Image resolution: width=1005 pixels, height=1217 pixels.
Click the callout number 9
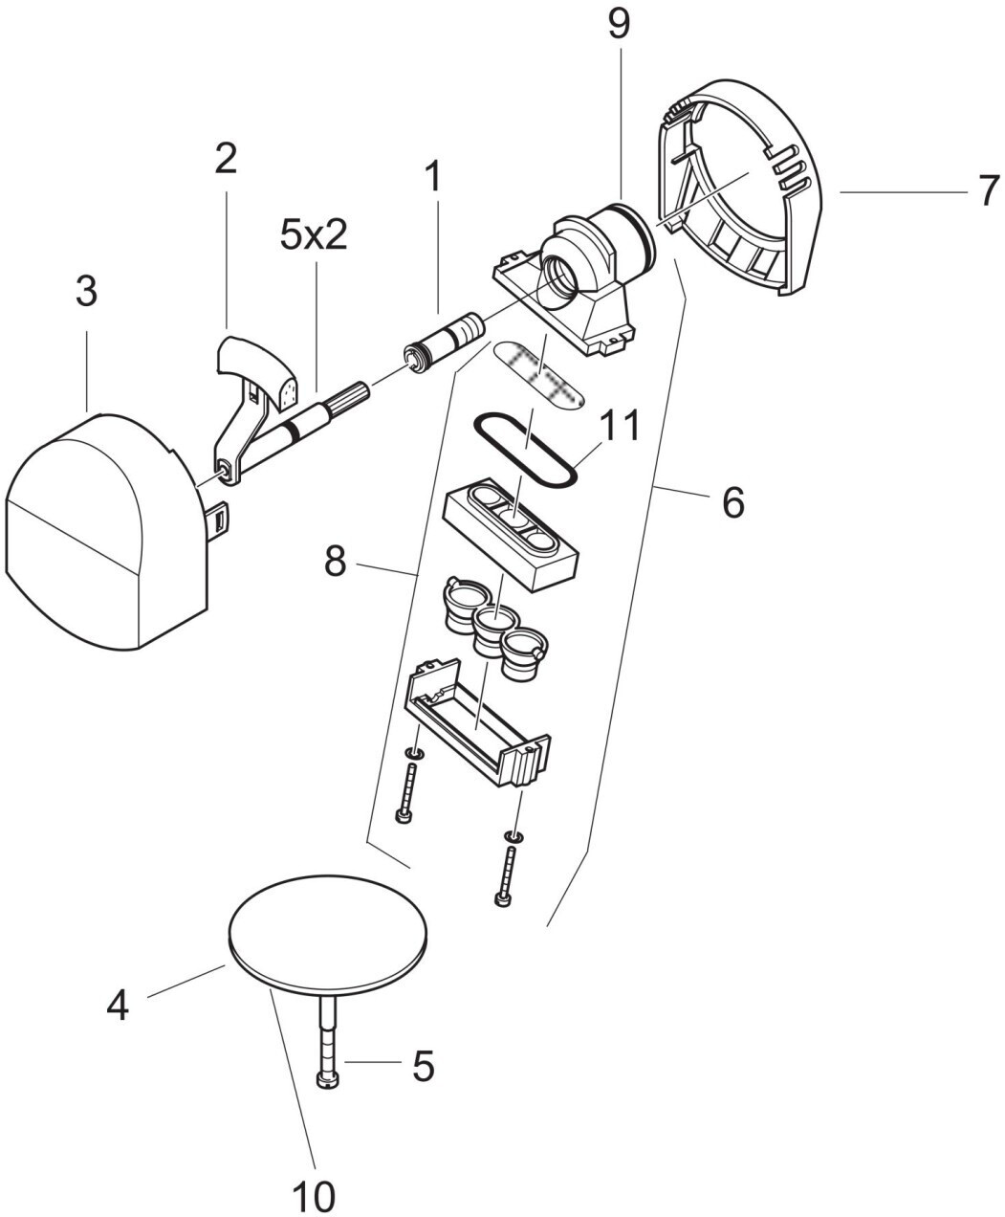click(619, 26)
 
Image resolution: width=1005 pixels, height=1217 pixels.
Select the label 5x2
click(314, 236)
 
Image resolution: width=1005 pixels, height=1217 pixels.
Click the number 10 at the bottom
click(315, 1193)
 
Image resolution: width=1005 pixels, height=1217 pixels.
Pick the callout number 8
click(334, 563)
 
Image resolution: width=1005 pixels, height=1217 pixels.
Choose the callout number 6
click(732, 501)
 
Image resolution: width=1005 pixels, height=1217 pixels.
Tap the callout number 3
click(86, 292)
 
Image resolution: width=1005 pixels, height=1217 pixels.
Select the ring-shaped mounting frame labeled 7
click(746, 191)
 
